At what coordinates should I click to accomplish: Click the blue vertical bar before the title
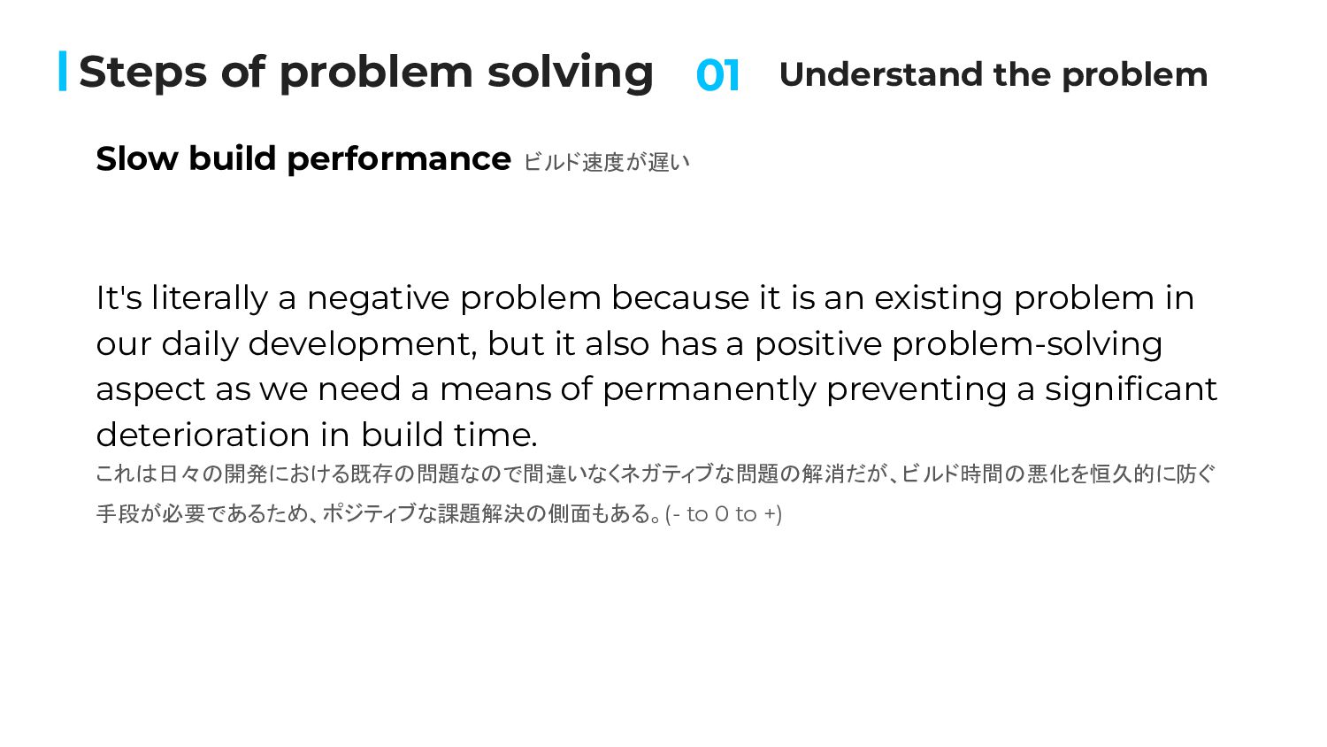click(63, 71)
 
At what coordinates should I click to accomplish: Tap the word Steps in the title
click(142, 73)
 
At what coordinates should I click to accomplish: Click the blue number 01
click(717, 75)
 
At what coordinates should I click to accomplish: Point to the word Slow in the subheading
click(137, 159)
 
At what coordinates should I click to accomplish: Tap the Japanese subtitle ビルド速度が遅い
click(607, 162)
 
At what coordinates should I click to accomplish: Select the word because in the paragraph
click(680, 297)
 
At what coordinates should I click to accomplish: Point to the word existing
click(939, 298)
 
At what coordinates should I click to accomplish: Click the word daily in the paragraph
click(200, 344)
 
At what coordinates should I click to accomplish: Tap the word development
click(362, 345)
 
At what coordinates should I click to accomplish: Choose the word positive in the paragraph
click(818, 345)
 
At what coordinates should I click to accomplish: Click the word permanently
click(710, 390)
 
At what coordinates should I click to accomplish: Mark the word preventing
click(917, 390)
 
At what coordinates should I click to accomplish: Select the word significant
click(1131, 390)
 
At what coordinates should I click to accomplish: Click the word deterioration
click(203, 435)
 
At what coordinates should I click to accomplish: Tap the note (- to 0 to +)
click(724, 514)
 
